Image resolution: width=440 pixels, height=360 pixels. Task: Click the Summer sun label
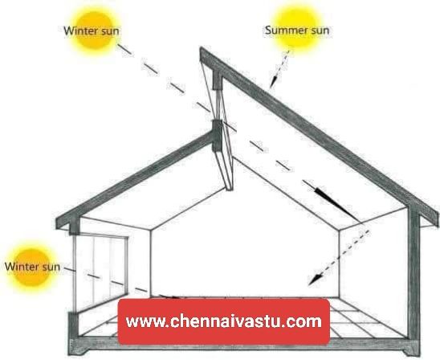click(x=297, y=30)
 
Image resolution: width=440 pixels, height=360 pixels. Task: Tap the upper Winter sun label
click(x=92, y=31)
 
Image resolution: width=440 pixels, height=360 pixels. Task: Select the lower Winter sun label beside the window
click(x=32, y=266)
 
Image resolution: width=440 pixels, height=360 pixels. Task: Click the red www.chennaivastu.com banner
click(x=224, y=321)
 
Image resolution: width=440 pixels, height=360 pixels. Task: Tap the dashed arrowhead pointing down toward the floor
click(x=314, y=279)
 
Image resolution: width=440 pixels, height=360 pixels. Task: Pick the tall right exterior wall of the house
click(x=414, y=274)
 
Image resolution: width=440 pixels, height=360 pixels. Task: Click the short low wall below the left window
click(x=74, y=325)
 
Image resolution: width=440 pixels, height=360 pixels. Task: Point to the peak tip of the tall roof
click(x=201, y=48)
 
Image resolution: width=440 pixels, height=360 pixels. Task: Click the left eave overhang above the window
click(x=63, y=223)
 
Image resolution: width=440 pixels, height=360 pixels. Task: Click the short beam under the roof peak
click(x=217, y=80)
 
